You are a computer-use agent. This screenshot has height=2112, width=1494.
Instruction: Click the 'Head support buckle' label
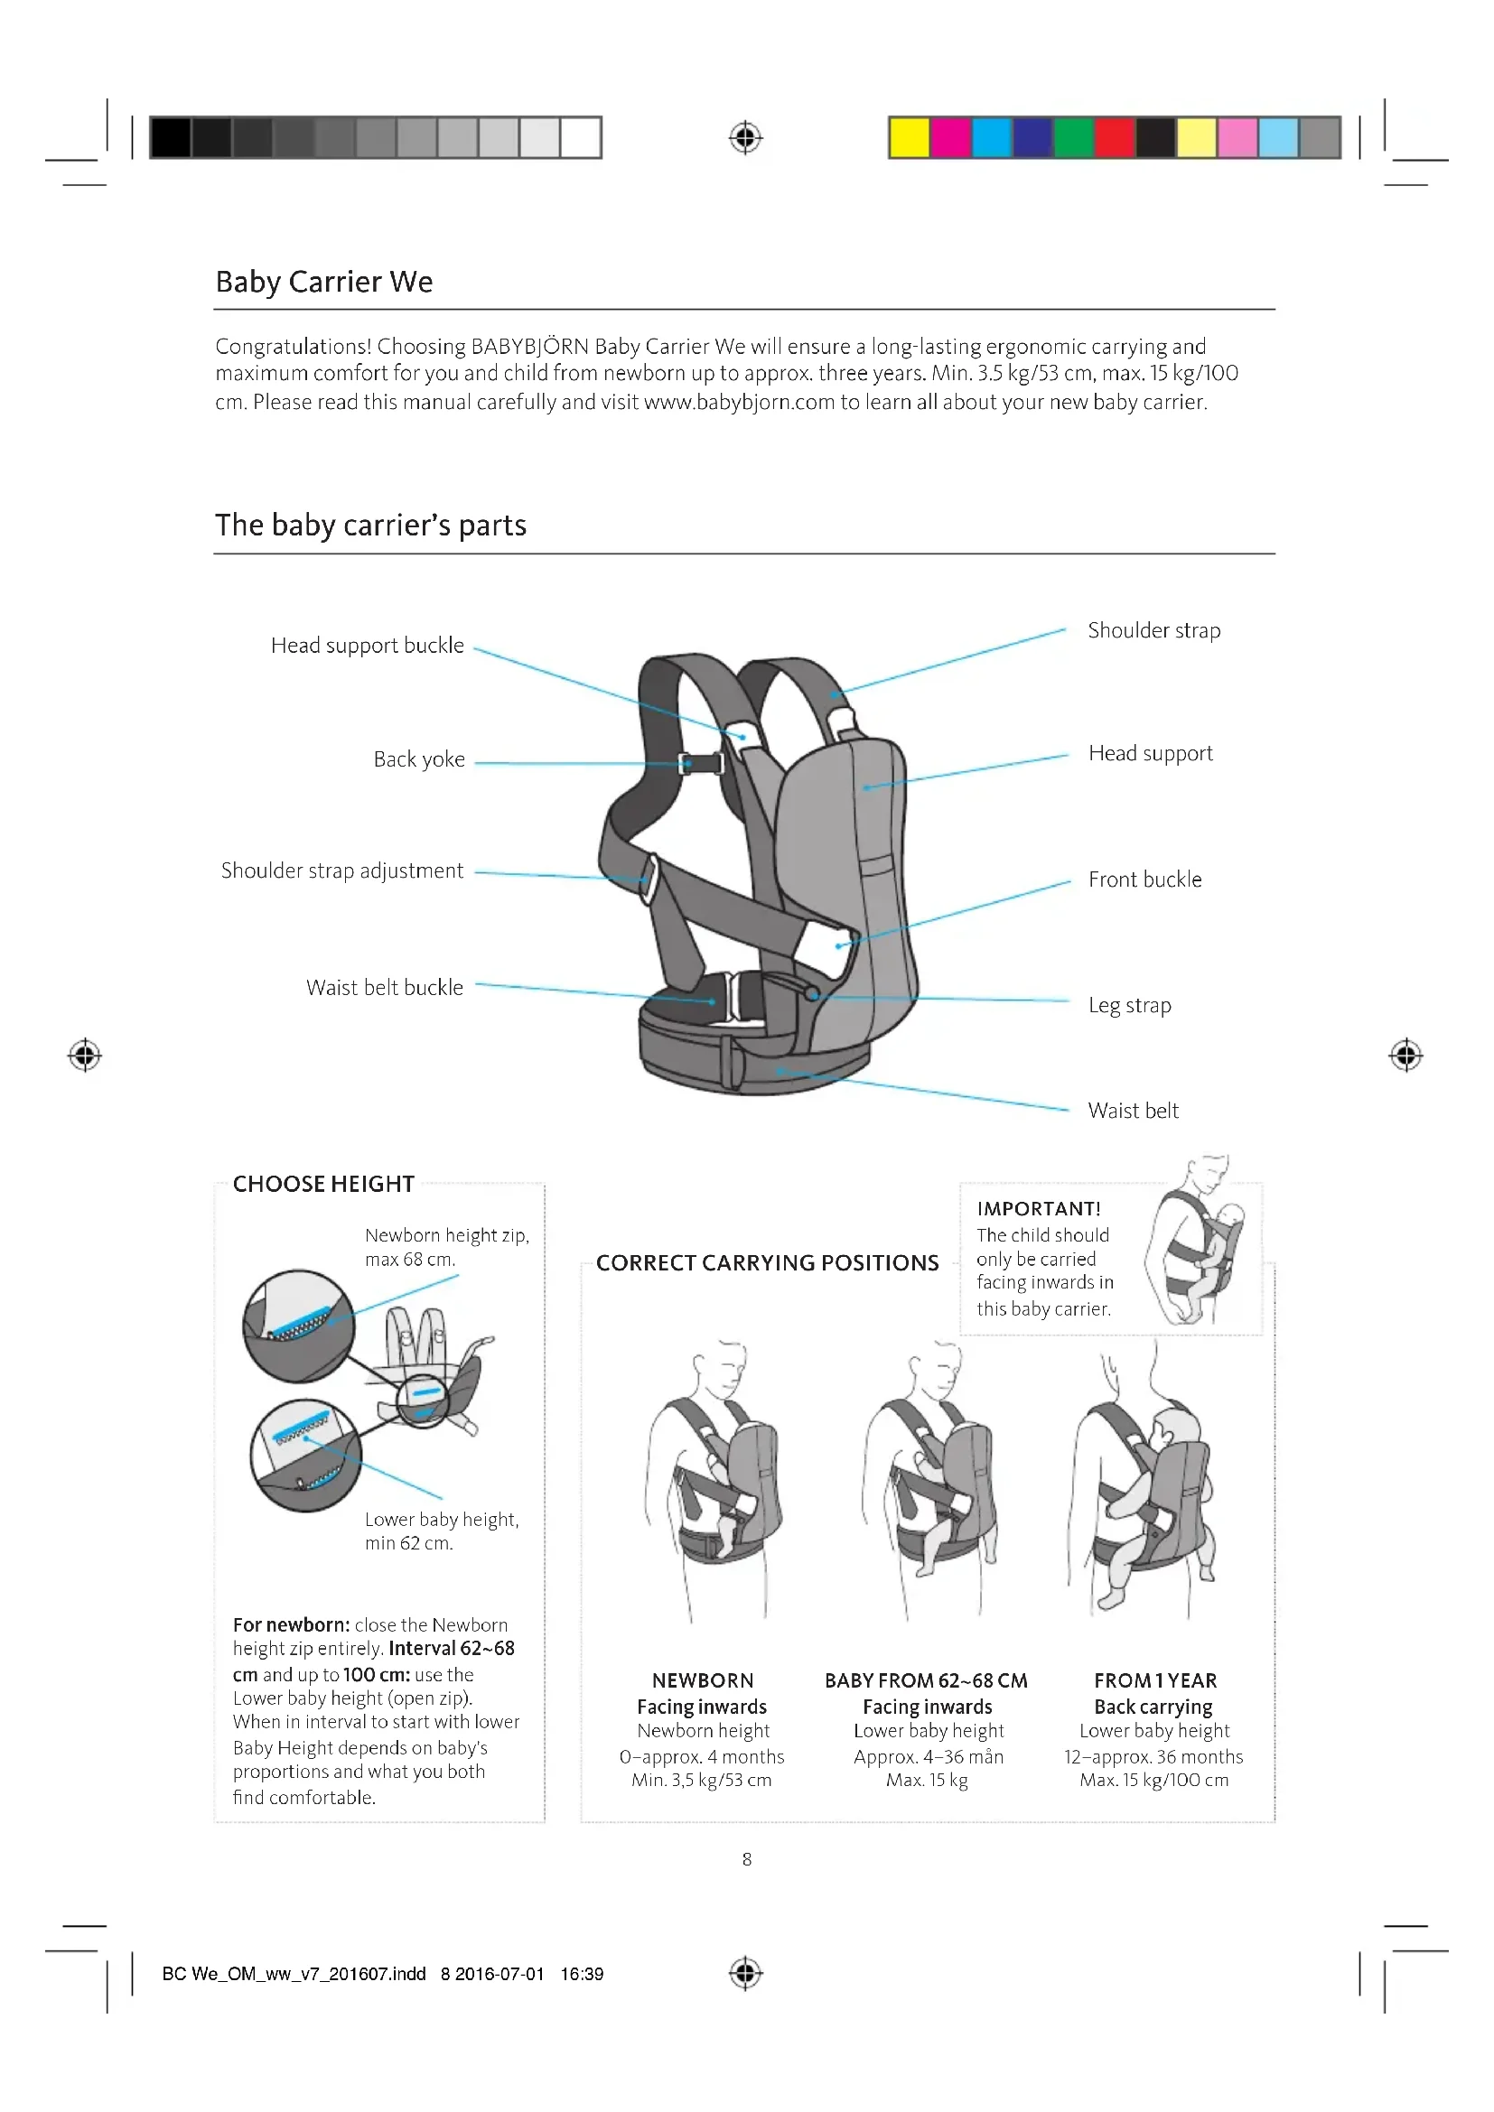click(x=367, y=646)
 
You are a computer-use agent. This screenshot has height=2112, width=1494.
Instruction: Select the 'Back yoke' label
click(x=418, y=759)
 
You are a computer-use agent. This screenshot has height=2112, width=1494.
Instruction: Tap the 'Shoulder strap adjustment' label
click(x=341, y=871)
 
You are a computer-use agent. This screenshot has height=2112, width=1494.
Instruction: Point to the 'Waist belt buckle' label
click(x=385, y=988)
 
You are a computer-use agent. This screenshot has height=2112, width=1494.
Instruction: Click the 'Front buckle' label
click(x=1144, y=880)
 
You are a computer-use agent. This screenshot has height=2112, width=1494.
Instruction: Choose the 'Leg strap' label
click(x=1130, y=1005)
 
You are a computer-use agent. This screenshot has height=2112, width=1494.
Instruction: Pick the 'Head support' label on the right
click(x=1150, y=754)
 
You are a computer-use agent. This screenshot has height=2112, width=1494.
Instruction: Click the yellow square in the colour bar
click(x=909, y=138)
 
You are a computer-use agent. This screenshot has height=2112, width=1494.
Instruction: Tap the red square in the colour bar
click(x=1114, y=138)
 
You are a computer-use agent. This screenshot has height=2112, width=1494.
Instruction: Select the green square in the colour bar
click(x=1073, y=138)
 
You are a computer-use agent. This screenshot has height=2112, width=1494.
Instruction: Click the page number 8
click(x=747, y=1859)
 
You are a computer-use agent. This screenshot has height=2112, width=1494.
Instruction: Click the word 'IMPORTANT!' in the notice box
click(x=1039, y=1209)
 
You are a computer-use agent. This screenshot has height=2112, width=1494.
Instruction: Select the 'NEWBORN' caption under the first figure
click(x=703, y=1680)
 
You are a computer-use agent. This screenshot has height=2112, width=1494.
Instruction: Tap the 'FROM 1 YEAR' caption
click(x=1154, y=1680)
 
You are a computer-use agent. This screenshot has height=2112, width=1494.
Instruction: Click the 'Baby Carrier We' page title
click(x=324, y=282)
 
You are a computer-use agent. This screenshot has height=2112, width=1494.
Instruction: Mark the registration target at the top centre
click(x=746, y=138)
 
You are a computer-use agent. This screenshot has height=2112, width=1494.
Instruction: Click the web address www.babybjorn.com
click(x=739, y=403)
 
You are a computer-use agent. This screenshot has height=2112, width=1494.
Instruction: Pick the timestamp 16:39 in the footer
click(x=582, y=1974)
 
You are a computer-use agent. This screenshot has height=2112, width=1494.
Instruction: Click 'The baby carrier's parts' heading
click(x=370, y=526)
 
